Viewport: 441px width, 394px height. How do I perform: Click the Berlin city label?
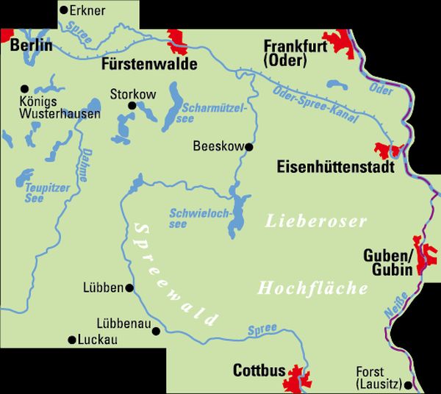click(x=32, y=46)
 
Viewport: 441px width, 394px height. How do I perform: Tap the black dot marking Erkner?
click(x=64, y=10)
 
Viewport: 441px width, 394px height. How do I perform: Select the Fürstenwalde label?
click(x=149, y=64)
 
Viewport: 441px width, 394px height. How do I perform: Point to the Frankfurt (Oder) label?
click(x=293, y=54)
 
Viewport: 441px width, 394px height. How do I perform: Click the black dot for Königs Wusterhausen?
click(x=24, y=87)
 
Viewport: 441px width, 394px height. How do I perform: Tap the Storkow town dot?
click(x=132, y=106)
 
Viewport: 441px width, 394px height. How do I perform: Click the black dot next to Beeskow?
click(x=248, y=147)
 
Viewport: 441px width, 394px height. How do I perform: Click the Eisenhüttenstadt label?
click(x=335, y=167)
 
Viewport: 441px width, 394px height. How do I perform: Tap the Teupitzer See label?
click(x=47, y=193)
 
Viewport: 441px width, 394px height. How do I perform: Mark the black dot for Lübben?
click(x=130, y=288)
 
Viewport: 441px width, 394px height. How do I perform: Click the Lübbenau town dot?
click(x=155, y=332)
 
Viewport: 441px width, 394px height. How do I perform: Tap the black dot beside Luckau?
click(x=71, y=340)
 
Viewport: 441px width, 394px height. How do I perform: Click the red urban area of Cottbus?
click(x=298, y=377)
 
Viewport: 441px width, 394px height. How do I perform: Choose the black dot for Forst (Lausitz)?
click(x=409, y=383)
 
